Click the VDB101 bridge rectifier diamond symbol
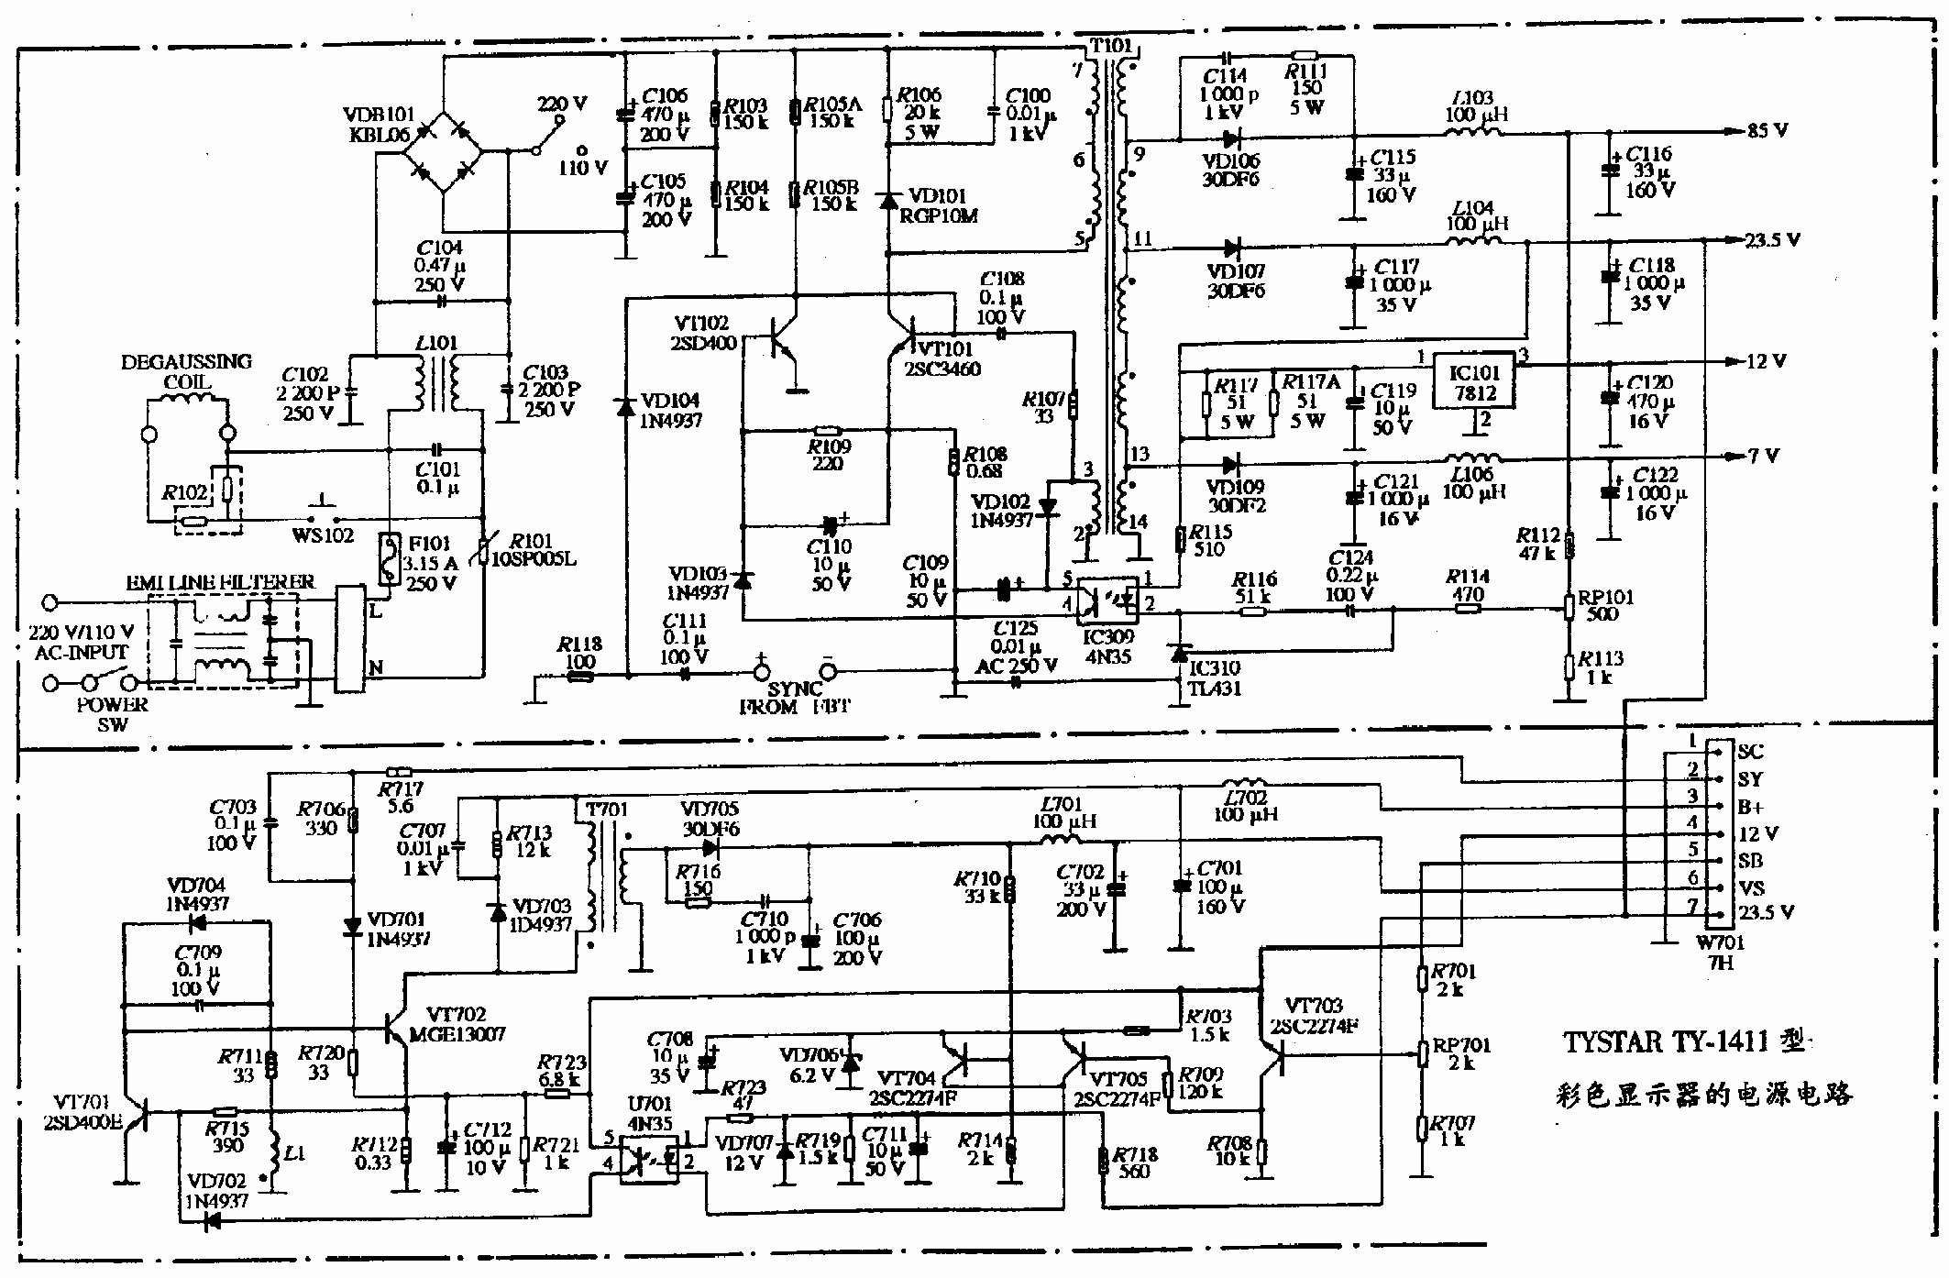tap(444, 152)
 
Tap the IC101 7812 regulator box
tap(1473, 383)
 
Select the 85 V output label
tap(1767, 131)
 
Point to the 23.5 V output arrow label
tap(1771, 240)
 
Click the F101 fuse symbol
tap(391, 559)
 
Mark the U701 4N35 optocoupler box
tap(650, 1159)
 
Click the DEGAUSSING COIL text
tap(186, 371)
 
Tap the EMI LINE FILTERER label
tap(219, 582)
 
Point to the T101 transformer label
tap(1110, 46)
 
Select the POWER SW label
tap(112, 714)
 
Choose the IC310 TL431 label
tap(1214, 678)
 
